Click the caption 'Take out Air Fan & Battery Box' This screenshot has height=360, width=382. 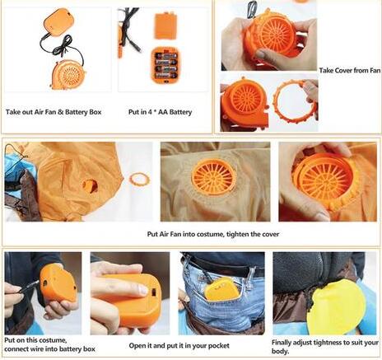click(54, 112)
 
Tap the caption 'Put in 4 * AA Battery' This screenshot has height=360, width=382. click(160, 112)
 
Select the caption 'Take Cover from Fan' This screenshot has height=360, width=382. click(350, 70)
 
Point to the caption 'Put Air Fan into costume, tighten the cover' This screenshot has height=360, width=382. click(213, 234)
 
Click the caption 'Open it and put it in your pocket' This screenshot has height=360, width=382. click(179, 345)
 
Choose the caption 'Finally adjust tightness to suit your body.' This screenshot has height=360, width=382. click(325, 347)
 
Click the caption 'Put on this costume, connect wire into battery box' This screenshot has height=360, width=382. click(49, 344)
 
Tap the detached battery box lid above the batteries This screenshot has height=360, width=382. click(165, 26)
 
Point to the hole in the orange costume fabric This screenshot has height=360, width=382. click(90, 185)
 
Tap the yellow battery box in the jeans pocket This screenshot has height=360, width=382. click(220, 288)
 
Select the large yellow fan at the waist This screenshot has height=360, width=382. click(336, 306)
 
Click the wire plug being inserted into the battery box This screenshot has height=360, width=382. click(29, 287)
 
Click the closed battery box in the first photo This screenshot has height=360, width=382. click(58, 23)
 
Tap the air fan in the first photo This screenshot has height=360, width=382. click(68, 74)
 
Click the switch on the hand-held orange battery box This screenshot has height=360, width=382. click(155, 292)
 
